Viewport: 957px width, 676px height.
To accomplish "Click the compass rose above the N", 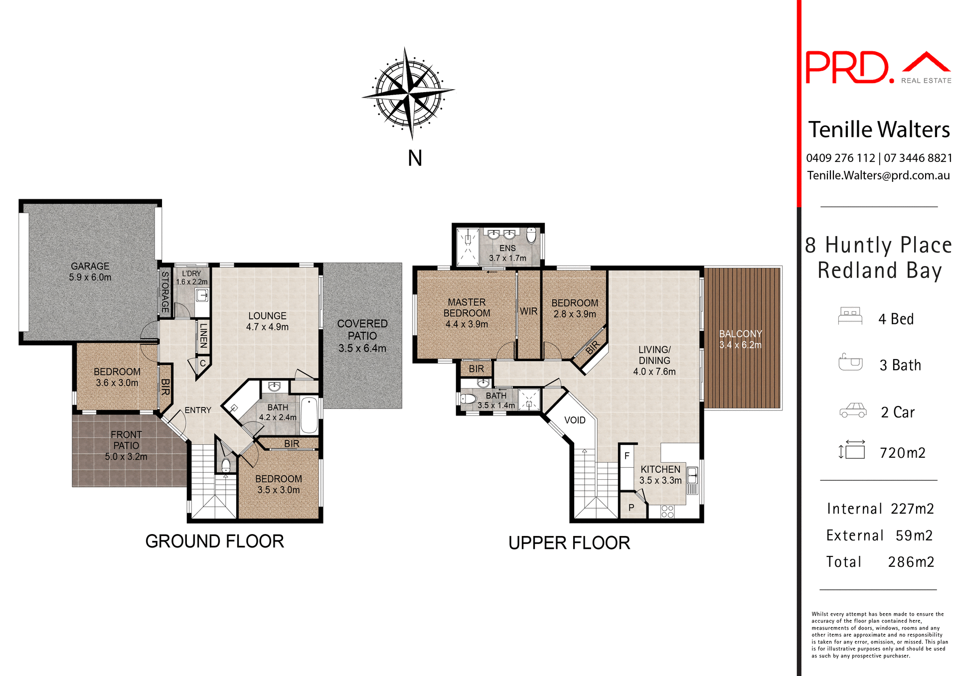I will tap(408, 93).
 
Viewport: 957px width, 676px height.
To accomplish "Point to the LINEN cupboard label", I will tap(203, 335).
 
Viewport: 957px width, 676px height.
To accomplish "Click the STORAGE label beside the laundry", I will tap(165, 292).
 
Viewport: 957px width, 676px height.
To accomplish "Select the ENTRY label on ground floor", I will tap(198, 410).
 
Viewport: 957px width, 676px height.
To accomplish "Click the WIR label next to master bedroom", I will tap(528, 311).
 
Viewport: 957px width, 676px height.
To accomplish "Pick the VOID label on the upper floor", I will tap(575, 420).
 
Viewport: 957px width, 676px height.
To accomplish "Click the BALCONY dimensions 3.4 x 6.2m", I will tap(740, 345).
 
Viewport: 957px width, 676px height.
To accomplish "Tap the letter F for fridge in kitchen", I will tap(627, 456).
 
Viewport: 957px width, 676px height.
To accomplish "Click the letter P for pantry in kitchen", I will tap(631, 508).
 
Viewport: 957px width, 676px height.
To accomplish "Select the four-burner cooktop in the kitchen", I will tap(667, 511).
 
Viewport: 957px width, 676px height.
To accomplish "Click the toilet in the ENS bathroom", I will tap(531, 235).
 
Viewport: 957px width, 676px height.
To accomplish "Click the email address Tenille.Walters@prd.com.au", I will tap(878, 175).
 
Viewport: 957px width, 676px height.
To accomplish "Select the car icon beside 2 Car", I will tap(853, 410).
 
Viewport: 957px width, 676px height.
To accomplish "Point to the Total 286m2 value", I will tap(911, 562).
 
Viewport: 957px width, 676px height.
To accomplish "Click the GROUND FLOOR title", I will tap(214, 541).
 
